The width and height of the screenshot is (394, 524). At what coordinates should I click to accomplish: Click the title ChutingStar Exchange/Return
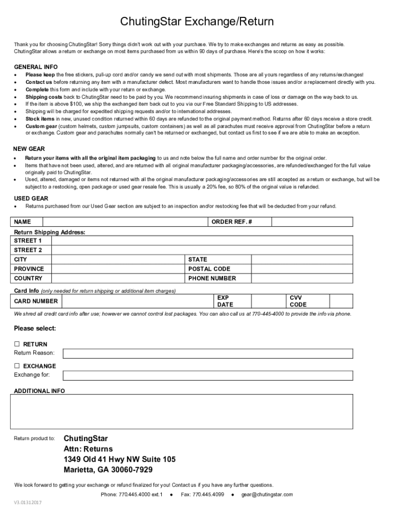(197, 22)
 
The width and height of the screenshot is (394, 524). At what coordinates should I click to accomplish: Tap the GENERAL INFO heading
(36, 67)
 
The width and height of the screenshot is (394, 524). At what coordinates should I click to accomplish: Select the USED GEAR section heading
(31, 199)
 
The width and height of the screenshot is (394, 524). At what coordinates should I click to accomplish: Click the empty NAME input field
(125, 222)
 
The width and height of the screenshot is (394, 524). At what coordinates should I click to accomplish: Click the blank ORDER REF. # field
(312, 222)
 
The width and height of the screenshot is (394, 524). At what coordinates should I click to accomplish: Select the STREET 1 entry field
(202, 241)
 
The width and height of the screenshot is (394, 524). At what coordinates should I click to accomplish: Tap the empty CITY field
(118, 259)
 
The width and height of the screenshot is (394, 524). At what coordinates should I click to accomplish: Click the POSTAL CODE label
(209, 269)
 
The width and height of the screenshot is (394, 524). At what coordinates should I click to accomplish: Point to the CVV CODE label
(298, 301)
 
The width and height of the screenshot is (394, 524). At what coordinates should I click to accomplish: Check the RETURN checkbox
(17, 344)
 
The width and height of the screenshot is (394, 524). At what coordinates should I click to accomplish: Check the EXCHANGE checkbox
(17, 366)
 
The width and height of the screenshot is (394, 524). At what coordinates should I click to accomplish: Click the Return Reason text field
(207, 353)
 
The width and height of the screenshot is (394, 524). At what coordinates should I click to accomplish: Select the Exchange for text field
(207, 376)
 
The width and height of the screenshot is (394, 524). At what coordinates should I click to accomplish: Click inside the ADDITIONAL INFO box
(182, 411)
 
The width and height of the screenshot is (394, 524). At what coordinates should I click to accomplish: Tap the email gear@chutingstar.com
(267, 494)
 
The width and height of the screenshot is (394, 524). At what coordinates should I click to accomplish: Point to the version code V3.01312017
(28, 503)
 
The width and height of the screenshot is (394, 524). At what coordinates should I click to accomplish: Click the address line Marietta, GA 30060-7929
(108, 470)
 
